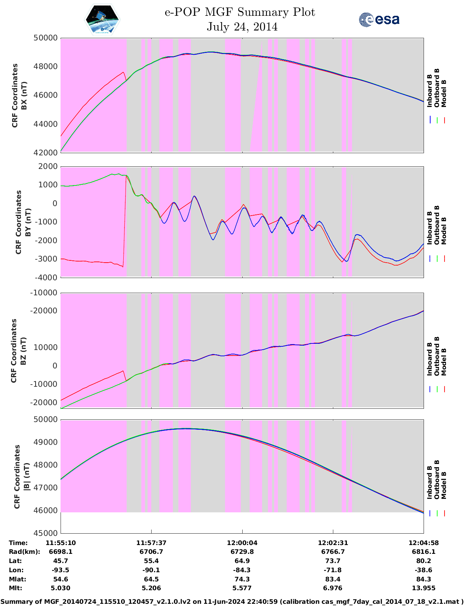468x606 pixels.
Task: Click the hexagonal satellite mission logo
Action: [102, 19]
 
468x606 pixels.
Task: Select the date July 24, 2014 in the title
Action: [242, 27]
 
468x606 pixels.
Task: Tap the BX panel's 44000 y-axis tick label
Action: [46, 124]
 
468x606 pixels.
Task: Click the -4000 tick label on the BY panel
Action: [46, 278]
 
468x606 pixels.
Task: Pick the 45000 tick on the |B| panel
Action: [46, 533]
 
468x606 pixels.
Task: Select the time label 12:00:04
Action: [242, 543]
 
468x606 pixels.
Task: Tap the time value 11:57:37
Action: [151, 543]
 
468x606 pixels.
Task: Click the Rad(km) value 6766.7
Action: [333, 552]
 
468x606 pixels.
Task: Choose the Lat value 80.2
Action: [424, 561]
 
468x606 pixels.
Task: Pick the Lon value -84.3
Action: [242, 570]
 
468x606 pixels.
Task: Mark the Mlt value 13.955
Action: [424, 588]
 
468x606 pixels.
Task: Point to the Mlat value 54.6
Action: [61, 579]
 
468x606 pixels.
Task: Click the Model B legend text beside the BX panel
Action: [444, 94]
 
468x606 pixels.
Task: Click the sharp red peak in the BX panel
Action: [123, 72]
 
